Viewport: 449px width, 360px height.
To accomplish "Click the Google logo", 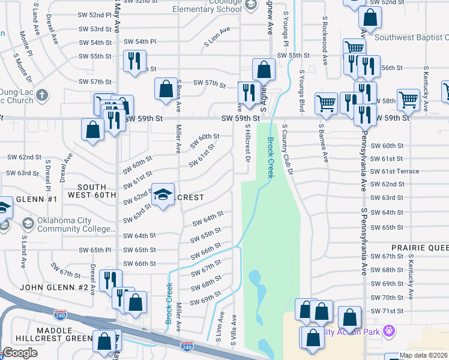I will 20,353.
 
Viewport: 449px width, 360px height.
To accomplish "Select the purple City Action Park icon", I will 389,331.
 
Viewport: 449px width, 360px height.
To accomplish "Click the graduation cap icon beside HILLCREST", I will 163,194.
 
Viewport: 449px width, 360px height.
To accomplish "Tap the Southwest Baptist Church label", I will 411,37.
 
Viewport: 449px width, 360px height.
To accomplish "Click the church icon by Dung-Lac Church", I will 41,94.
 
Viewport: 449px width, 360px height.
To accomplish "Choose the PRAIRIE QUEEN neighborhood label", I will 420,247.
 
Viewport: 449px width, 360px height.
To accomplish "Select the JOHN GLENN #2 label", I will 53,287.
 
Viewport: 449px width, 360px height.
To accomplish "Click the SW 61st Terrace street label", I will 394,171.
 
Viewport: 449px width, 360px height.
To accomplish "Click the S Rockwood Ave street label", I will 324,41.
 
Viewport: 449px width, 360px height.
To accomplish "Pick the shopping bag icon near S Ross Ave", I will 166,89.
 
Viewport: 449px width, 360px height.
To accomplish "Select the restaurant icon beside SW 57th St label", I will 246,92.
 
